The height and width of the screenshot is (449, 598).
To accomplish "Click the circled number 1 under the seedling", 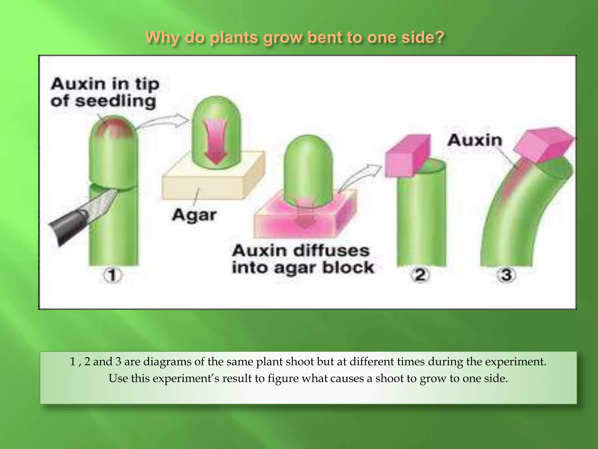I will (112, 275).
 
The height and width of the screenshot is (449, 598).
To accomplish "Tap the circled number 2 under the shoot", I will (420, 275).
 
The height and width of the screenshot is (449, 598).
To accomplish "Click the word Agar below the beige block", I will (194, 215).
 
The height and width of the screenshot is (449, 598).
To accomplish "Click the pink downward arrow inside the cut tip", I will (216, 143).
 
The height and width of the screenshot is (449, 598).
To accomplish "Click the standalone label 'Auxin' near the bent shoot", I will (474, 140).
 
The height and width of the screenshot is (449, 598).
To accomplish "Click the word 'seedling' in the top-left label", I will (115, 101).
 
